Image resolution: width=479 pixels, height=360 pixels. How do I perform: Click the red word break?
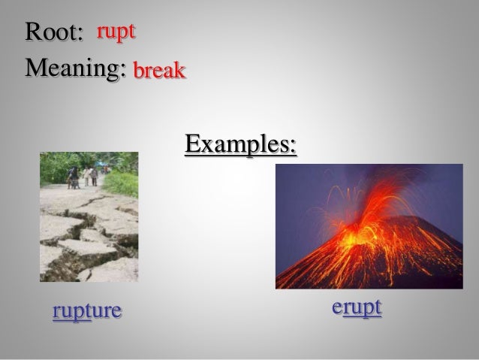coord(159,72)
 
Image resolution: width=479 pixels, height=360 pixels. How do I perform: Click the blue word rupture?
coord(87,310)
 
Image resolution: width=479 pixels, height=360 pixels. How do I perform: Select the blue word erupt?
coord(357,307)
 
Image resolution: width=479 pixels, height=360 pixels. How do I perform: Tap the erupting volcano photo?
coord(369,226)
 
